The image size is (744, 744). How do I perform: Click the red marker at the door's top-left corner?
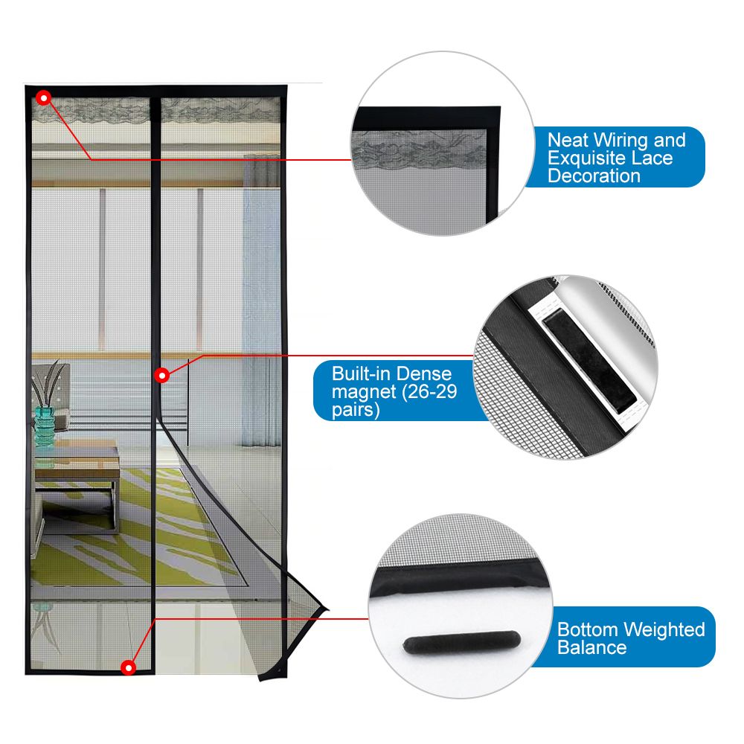point(44,98)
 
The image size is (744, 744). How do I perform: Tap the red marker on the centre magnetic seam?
point(161,376)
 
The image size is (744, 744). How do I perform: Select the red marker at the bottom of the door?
point(128,668)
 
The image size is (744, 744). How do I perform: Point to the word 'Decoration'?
point(594,176)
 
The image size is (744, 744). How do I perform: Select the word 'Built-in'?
point(360,373)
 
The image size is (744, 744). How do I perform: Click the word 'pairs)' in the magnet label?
point(356,410)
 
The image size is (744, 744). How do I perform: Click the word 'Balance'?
point(592,648)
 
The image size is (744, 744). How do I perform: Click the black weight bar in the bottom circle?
point(462,643)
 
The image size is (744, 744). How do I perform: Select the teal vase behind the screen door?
point(45,426)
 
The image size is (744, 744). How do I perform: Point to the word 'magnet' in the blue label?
point(364,392)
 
